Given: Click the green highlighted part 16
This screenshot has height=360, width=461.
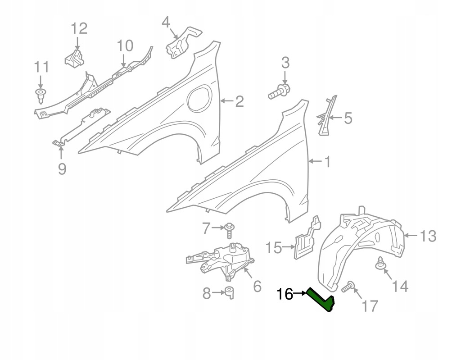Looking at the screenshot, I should click(x=321, y=301).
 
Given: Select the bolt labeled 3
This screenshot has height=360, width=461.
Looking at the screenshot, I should click(x=279, y=91).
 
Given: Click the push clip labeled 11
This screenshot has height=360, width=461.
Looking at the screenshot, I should click(x=41, y=94).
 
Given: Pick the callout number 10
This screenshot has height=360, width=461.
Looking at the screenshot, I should click(x=125, y=46).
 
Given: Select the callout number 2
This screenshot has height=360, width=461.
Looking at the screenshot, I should click(x=239, y=101).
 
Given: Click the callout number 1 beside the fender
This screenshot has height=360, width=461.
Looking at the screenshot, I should click(x=327, y=161).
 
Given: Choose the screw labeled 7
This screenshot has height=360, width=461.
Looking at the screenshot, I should click(x=230, y=231).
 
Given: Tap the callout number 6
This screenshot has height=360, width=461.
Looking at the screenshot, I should click(x=257, y=286).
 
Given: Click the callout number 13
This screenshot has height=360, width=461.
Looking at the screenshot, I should click(x=428, y=235).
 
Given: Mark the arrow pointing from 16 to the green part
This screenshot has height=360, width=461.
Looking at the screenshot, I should click(x=300, y=294).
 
